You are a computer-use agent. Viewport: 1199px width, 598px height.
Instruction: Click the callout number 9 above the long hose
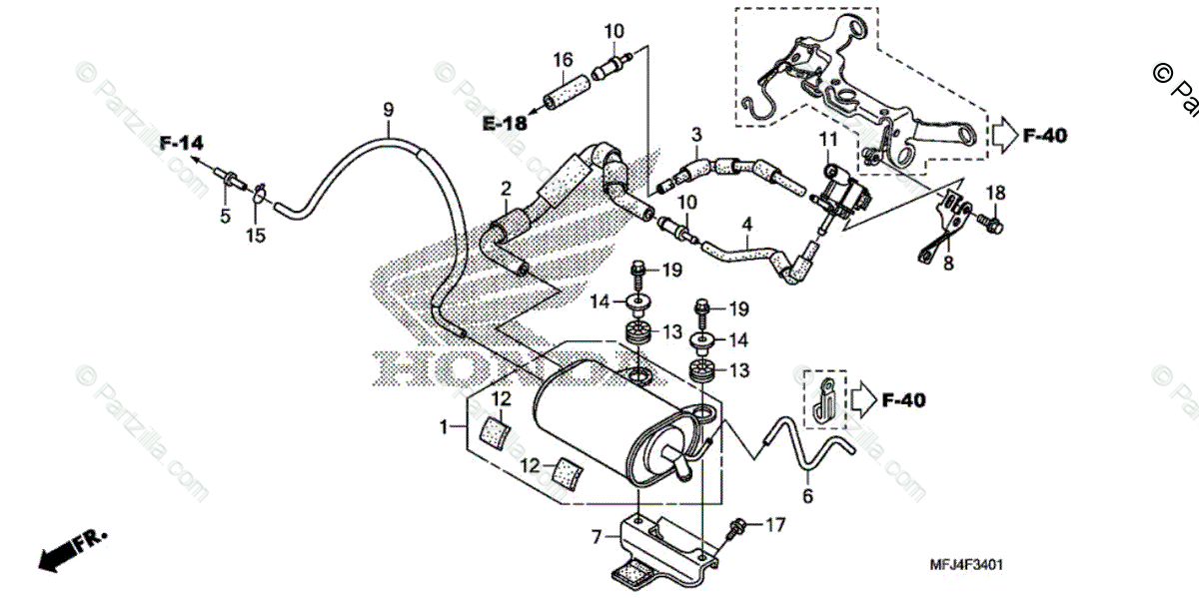(x=389, y=107)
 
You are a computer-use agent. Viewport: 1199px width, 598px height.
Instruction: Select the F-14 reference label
(x=181, y=144)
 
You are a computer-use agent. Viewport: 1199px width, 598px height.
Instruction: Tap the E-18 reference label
(x=505, y=123)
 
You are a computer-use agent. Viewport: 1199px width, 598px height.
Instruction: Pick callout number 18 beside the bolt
(x=995, y=192)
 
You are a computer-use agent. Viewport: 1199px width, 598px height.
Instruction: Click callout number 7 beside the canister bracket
(x=598, y=537)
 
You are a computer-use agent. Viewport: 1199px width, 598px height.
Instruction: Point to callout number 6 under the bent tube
(x=807, y=492)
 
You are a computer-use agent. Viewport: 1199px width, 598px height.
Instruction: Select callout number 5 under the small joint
(x=224, y=215)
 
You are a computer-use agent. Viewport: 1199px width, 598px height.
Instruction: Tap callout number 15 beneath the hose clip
(x=257, y=236)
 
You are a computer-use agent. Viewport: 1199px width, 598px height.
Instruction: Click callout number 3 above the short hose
(x=696, y=134)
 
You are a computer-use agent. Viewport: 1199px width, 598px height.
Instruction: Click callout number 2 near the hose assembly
(x=507, y=189)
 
